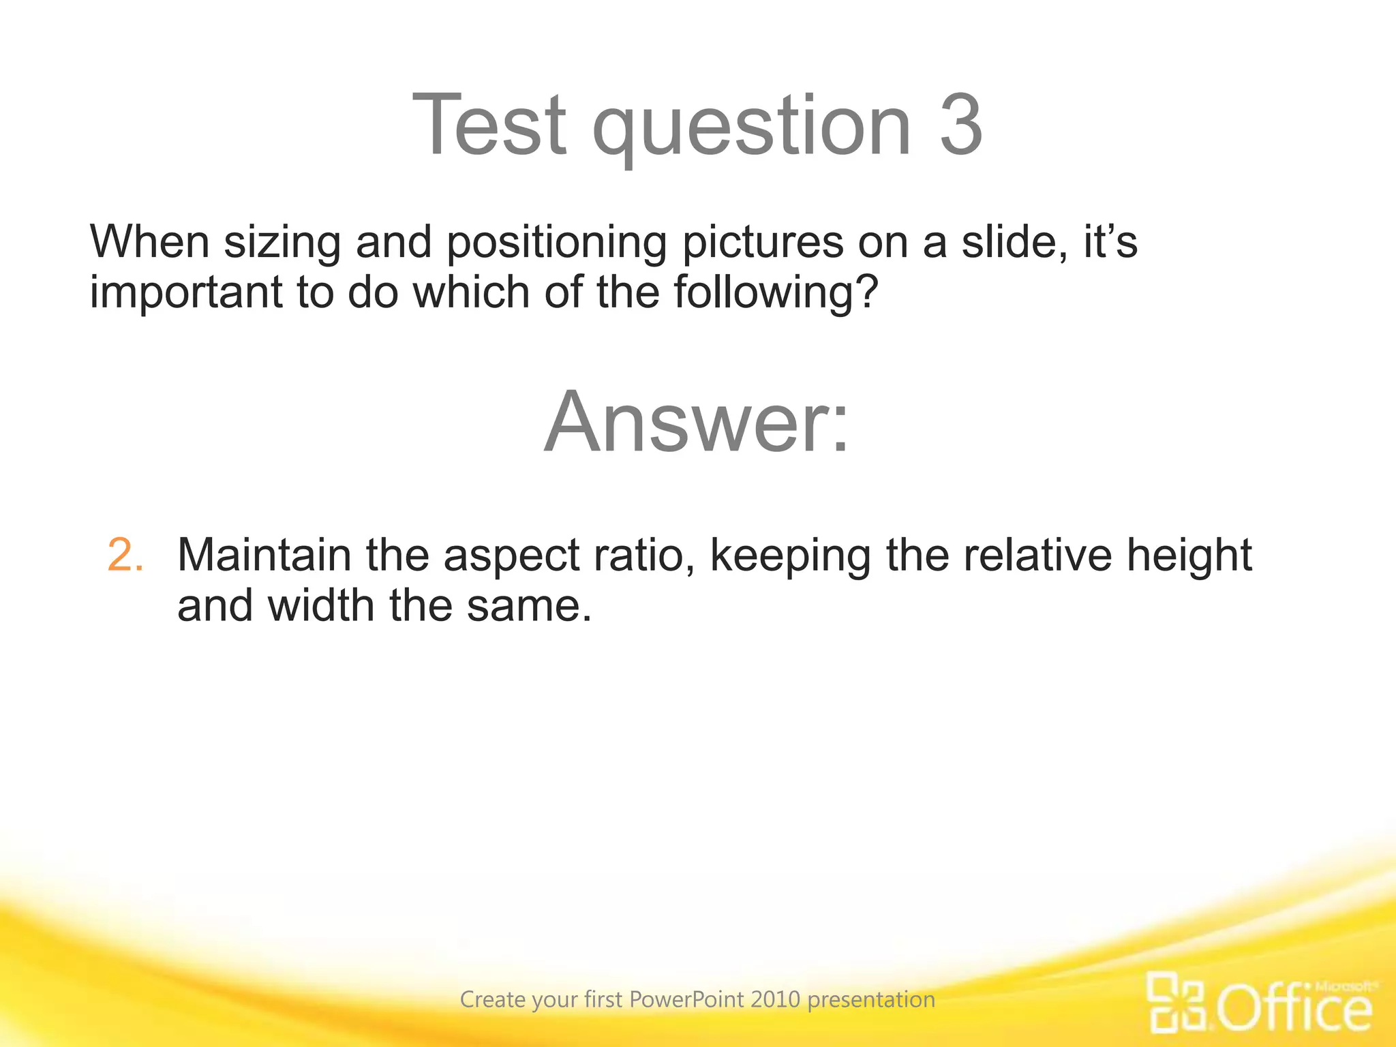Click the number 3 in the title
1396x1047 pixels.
click(x=961, y=125)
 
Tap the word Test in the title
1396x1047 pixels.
click(x=489, y=125)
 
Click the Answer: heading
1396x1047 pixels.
click(x=697, y=422)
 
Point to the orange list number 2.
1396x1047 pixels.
click(x=125, y=555)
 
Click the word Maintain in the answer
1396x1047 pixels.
click(x=264, y=555)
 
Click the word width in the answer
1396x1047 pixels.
click(x=320, y=605)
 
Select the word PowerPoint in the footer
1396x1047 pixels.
click(x=686, y=999)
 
